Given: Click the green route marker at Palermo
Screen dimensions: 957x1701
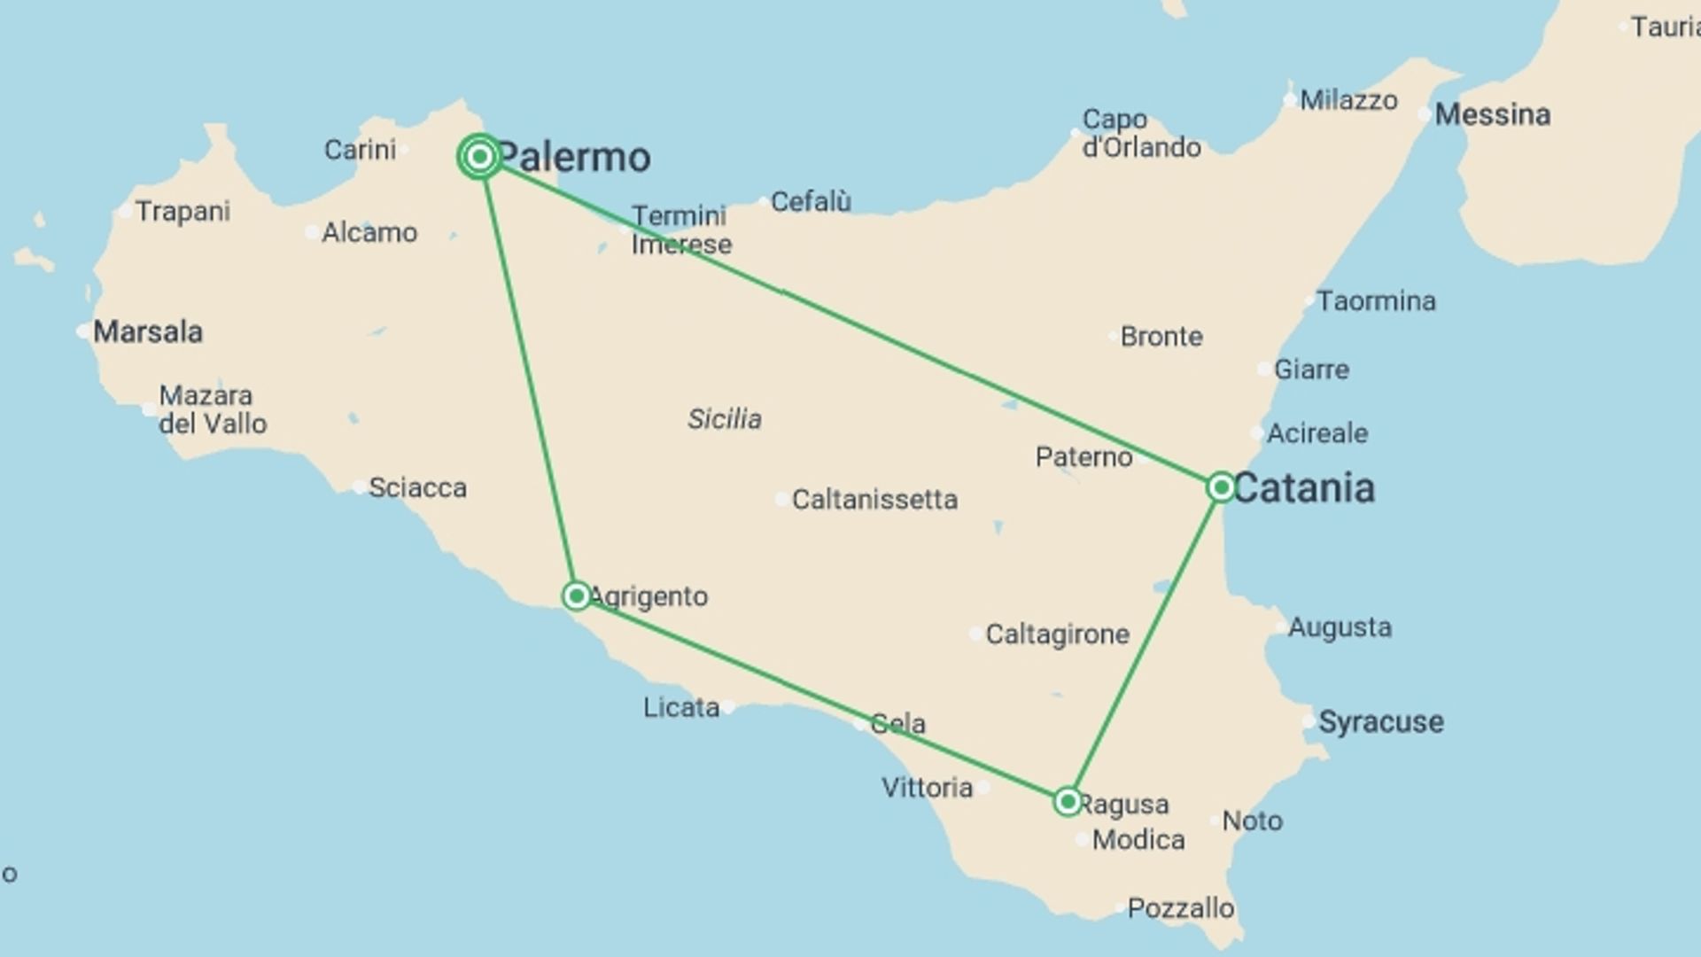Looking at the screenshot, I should pyautogui.click(x=479, y=157).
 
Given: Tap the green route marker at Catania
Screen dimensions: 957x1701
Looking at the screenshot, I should pyautogui.click(x=1220, y=486).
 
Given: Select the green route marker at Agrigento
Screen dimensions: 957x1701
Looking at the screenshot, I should pyautogui.click(x=576, y=595).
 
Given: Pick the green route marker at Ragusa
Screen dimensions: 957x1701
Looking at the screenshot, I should pyautogui.click(x=1068, y=802).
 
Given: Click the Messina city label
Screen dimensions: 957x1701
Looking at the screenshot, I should pyautogui.click(x=1492, y=114).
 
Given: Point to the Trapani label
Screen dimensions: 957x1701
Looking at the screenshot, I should pyautogui.click(x=183, y=211).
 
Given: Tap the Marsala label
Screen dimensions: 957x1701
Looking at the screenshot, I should pyautogui.click(x=148, y=332).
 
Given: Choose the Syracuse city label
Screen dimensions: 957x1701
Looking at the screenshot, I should pyautogui.click(x=1380, y=721).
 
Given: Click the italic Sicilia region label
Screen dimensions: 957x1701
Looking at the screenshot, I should pyautogui.click(x=724, y=418).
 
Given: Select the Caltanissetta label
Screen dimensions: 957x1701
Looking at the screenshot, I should pyautogui.click(x=874, y=500).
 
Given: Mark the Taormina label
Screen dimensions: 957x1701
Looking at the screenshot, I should pyautogui.click(x=1376, y=301).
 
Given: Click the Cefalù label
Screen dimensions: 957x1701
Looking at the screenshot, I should pyautogui.click(x=811, y=202).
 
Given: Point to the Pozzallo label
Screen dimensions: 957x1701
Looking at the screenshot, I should pyautogui.click(x=1180, y=908).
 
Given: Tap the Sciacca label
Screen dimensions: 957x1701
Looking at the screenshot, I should pyautogui.click(x=417, y=487).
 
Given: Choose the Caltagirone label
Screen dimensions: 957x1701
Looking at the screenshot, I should pyautogui.click(x=1057, y=634).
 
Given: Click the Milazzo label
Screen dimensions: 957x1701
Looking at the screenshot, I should pyautogui.click(x=1348, y=100).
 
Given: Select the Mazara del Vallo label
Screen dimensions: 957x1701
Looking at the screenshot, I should pyautogui.click(x=213, y=409).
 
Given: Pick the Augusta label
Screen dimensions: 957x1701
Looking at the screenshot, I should pyautogui.click(x=1340, y=627).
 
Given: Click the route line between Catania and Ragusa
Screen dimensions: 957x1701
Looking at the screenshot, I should pyautogui.click(x=1144, y=644).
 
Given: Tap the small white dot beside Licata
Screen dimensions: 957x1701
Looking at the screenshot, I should pyautogui.click(x=728, y=706).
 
